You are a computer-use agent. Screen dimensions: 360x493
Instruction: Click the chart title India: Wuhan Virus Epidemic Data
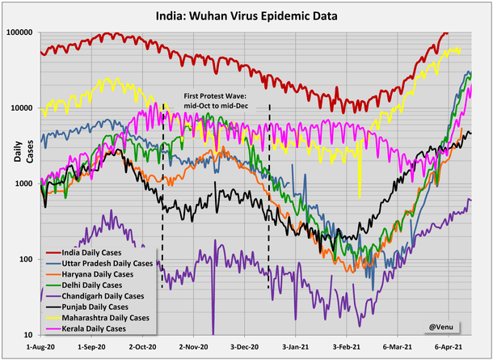coord(247,15)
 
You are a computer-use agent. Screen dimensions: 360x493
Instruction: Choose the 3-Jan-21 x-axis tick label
coord(295,345)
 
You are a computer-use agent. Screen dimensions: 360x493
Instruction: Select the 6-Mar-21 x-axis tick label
coord(398,345)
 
